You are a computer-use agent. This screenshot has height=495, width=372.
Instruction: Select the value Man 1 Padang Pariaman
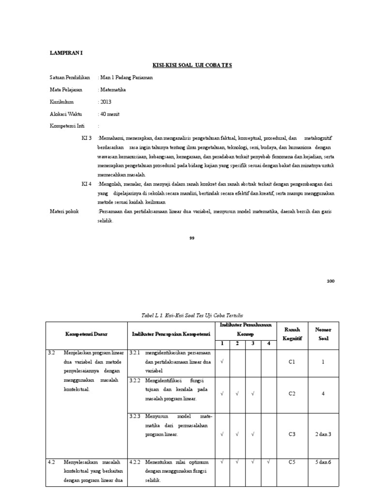tap(125, 77)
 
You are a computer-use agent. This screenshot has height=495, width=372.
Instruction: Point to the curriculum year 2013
tap(105, 102)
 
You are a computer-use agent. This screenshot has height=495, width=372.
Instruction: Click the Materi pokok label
tap(65, 212)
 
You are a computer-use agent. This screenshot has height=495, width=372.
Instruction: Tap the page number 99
tap(192, 238)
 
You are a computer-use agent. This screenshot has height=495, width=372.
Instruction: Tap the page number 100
tap(330, 281)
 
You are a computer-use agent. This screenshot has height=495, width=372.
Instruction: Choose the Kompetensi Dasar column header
tap(87, 334)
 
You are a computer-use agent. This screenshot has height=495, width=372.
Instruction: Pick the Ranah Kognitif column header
tap(292, 334)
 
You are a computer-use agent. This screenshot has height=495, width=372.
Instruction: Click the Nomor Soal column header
tap(323, 334)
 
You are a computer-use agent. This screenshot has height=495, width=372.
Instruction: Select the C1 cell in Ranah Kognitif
tap(292, 362)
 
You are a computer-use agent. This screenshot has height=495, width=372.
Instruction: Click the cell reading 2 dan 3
tap(323, 434)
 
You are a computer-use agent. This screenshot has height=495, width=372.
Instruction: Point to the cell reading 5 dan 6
tap(323, 462)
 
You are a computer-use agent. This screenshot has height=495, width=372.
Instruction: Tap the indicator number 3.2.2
tap(135, 380)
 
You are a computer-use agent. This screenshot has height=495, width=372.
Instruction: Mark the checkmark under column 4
tap(269, 462)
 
